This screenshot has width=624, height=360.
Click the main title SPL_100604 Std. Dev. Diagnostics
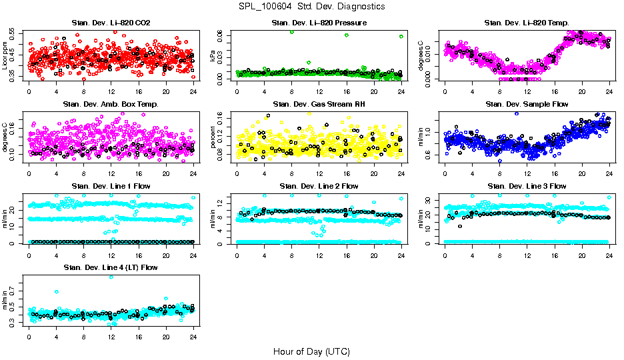[311, 7]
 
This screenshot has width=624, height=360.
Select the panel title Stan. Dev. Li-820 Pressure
[319, 23]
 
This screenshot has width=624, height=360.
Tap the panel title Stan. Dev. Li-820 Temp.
[527, 23]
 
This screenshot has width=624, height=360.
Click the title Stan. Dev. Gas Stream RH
[319, 104]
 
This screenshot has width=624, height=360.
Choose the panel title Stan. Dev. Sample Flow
[527, 104]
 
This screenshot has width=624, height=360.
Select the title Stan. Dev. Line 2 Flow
[319, 186]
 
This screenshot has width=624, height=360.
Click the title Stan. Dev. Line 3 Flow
[527, 186]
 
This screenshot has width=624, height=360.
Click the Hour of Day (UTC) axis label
[311, 351]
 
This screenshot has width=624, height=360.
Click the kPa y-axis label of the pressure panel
[213, 57]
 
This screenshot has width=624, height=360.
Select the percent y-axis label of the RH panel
[213, 138]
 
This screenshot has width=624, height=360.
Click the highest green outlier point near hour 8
[292, 32]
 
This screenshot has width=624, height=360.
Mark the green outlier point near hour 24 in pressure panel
[401, 37]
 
